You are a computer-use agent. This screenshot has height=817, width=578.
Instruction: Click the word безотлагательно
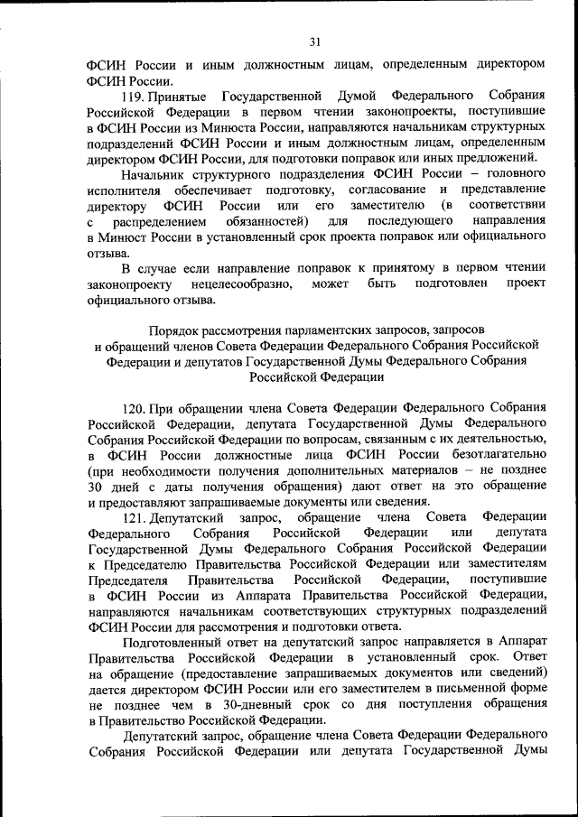pos(492,454)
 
